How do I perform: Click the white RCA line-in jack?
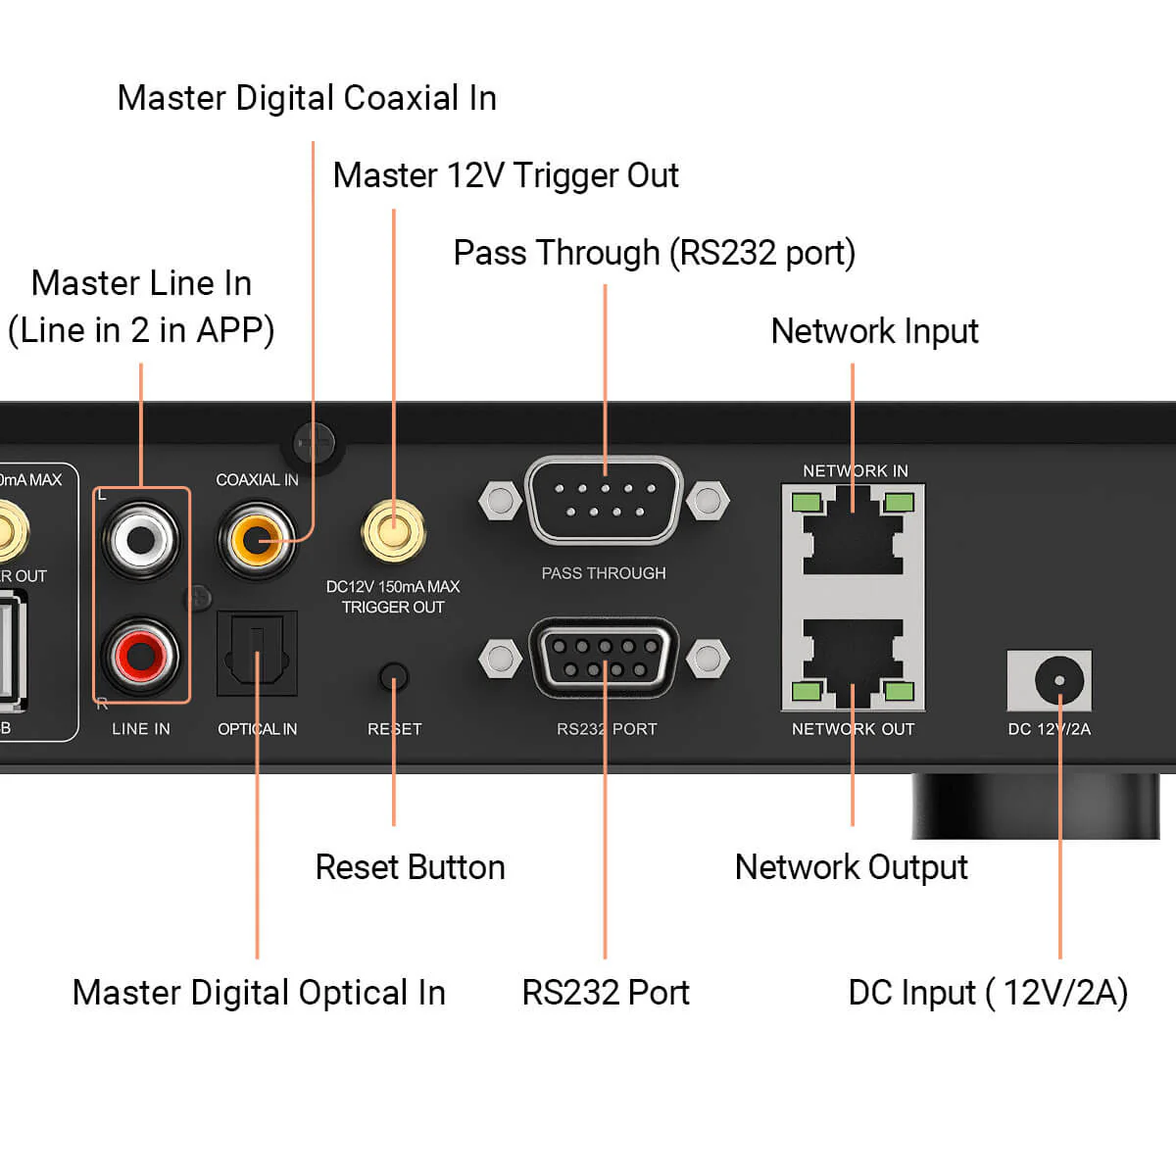[x=141, y=537]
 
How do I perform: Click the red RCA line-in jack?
[x=141, y=654]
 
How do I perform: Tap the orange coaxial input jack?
[x=257, y=539]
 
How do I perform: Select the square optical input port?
[x=257, y=654]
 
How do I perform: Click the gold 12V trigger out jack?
[x=393, y=530]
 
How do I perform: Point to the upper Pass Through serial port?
[x=604, y=501]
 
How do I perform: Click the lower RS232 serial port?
[x=604, y=659]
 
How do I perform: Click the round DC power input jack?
[x=1058, y=679]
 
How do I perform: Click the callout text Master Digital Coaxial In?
[x=307, y=98]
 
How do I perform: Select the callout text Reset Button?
[x=410, y=867]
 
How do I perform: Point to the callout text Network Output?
[x=851, y=867]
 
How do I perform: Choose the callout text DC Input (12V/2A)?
[x=988, y=993]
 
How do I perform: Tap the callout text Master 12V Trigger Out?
[x=506, y=175]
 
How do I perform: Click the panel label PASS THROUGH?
[x=604, y=573]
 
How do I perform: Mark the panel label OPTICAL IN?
[x=257, y=729]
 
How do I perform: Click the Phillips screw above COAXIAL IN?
[x=315, y=443]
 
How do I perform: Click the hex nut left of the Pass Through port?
[x=500, y=501]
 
